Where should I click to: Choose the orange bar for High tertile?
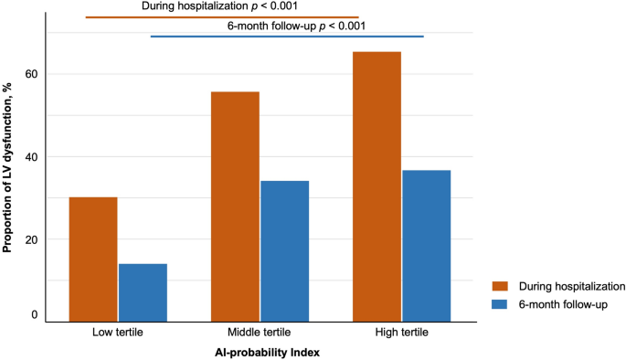pos(377,186)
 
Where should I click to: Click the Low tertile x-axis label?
pos(118,334)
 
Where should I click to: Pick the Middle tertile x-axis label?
pos(260,334)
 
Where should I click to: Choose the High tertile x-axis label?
pos(401,334)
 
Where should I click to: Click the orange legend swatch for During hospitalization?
pos(498,286)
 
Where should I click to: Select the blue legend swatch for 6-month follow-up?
pos(498,303)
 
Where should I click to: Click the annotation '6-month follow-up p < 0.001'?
pos(297,26)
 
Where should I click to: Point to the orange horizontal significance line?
pos(222,16)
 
